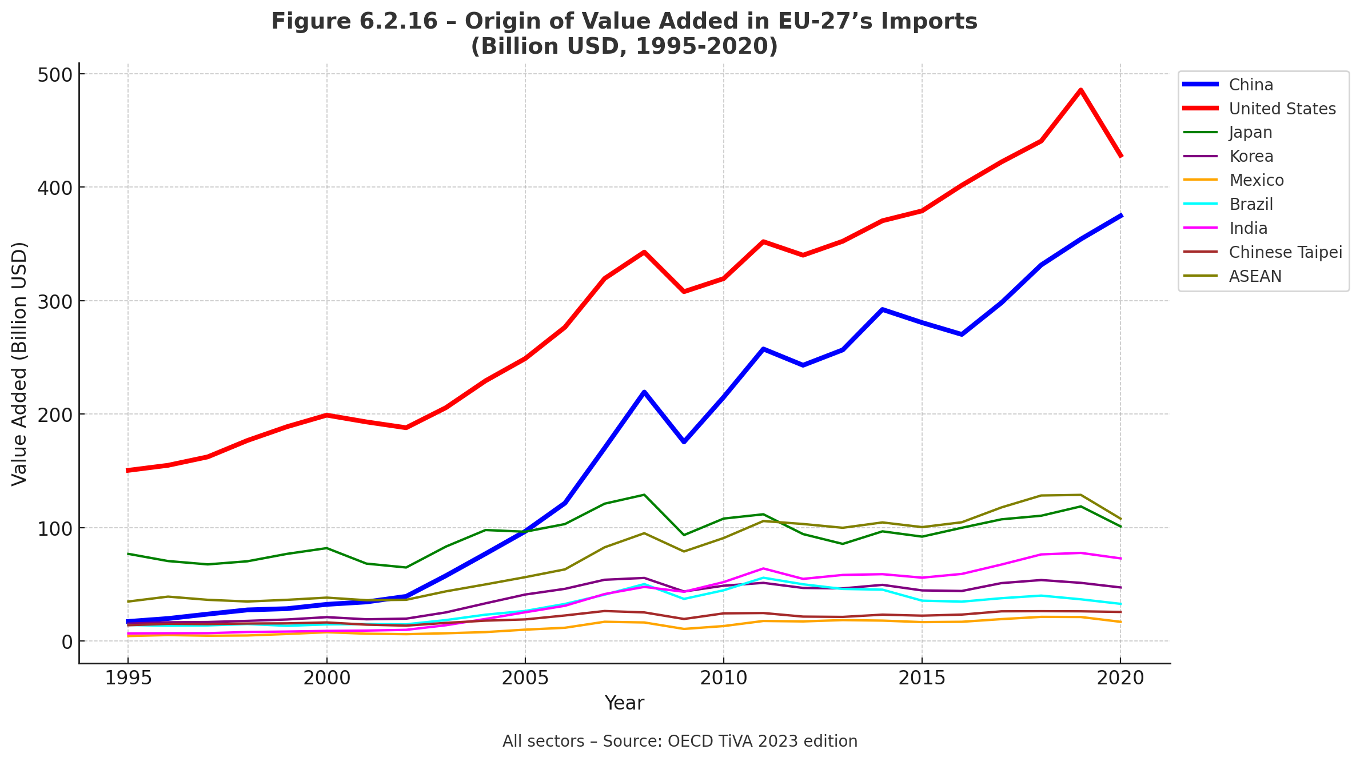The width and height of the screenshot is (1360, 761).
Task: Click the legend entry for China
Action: (x=1251, y=85)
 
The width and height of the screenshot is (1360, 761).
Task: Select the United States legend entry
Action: (x=1282, y=109)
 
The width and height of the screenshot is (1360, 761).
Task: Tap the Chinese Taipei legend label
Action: (x=1285, y=252)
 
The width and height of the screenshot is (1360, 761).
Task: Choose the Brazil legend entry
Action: (x=1251, y=204)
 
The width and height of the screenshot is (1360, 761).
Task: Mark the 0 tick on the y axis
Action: (x=67, y=642)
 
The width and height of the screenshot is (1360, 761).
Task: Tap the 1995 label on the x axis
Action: (x=128, y=678)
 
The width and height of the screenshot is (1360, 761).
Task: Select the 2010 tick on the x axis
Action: (x=724, y=678)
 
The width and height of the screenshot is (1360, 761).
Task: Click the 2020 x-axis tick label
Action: (x=1120, y=678)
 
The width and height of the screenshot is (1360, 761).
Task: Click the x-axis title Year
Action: (x=624, y=703)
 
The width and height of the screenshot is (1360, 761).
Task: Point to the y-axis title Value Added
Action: (x=19, y=364)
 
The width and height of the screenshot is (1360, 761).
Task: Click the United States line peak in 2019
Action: (x=1080, y=90)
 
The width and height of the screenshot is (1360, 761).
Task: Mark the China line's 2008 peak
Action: (x=644, y=392)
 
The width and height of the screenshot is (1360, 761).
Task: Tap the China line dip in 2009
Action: (x=684, y=442)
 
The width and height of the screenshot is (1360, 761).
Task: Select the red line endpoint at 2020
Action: (x=1120, y=156)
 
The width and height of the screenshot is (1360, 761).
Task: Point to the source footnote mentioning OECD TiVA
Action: (x=680, y=742)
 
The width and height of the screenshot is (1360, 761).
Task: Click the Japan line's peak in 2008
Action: (x=644, y=495)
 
